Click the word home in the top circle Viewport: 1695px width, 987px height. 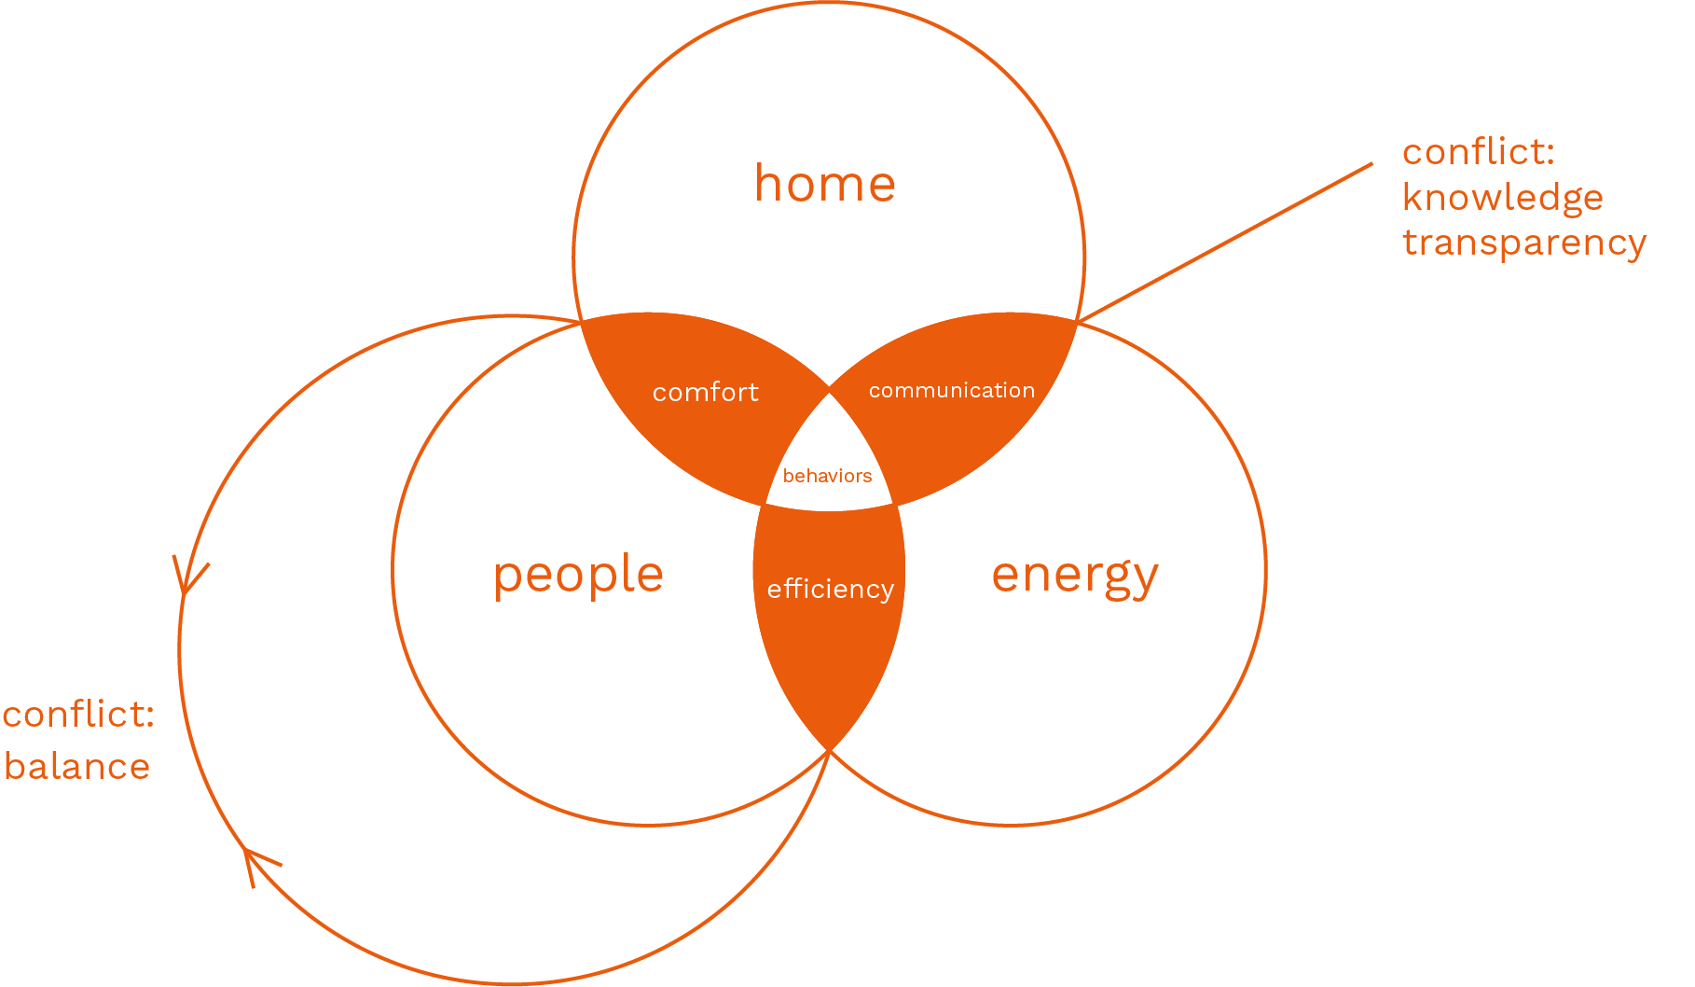tap(825, 184)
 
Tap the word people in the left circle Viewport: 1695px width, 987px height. tap(578, 575)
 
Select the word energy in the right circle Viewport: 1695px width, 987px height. tap(1074, 575)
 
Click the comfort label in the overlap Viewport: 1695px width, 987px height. tap(705, 393)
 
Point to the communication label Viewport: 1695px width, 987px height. tap(951, 391)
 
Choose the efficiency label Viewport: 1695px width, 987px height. tap(830, 590)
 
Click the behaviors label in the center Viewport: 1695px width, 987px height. tap(827, 477)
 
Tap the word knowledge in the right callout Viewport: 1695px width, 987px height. tap(1502, 198)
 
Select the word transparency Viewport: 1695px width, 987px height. tap(1523, 243)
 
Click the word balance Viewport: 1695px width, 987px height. tap(76, 767)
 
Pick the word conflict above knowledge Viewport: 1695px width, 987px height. tap(1477, 152)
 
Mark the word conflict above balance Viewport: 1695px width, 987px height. tap(76, 715)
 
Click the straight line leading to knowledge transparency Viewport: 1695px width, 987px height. tap(1225, 243)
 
